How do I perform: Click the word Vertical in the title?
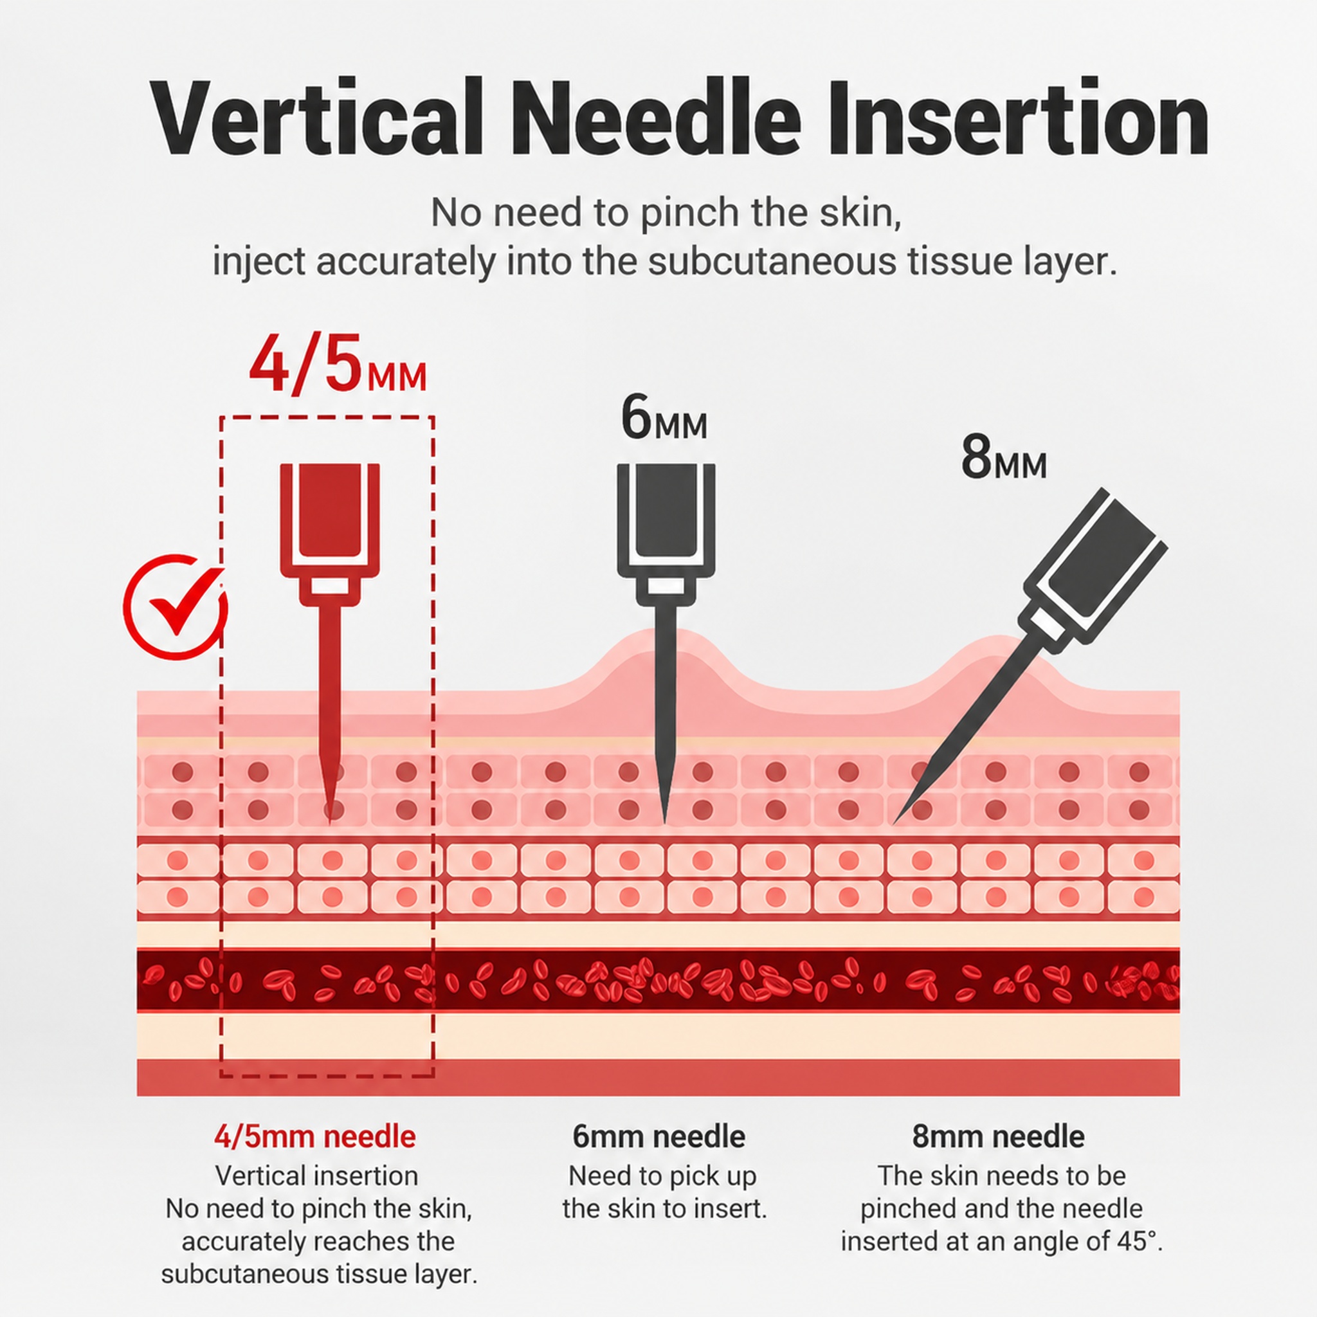click(316, 118)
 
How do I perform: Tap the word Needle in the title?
click(656, 118)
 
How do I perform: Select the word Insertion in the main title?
click(1019, 118)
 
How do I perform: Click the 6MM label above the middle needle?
click(663, 418)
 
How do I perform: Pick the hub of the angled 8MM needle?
click(1093, 567)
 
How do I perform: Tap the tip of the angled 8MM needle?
click(895, 824)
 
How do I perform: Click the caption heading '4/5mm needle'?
click(315, 1136)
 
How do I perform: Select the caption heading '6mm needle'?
click(658, 1136)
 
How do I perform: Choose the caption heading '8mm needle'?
click(998, 1136)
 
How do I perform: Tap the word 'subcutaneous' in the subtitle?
click(772, 262)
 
